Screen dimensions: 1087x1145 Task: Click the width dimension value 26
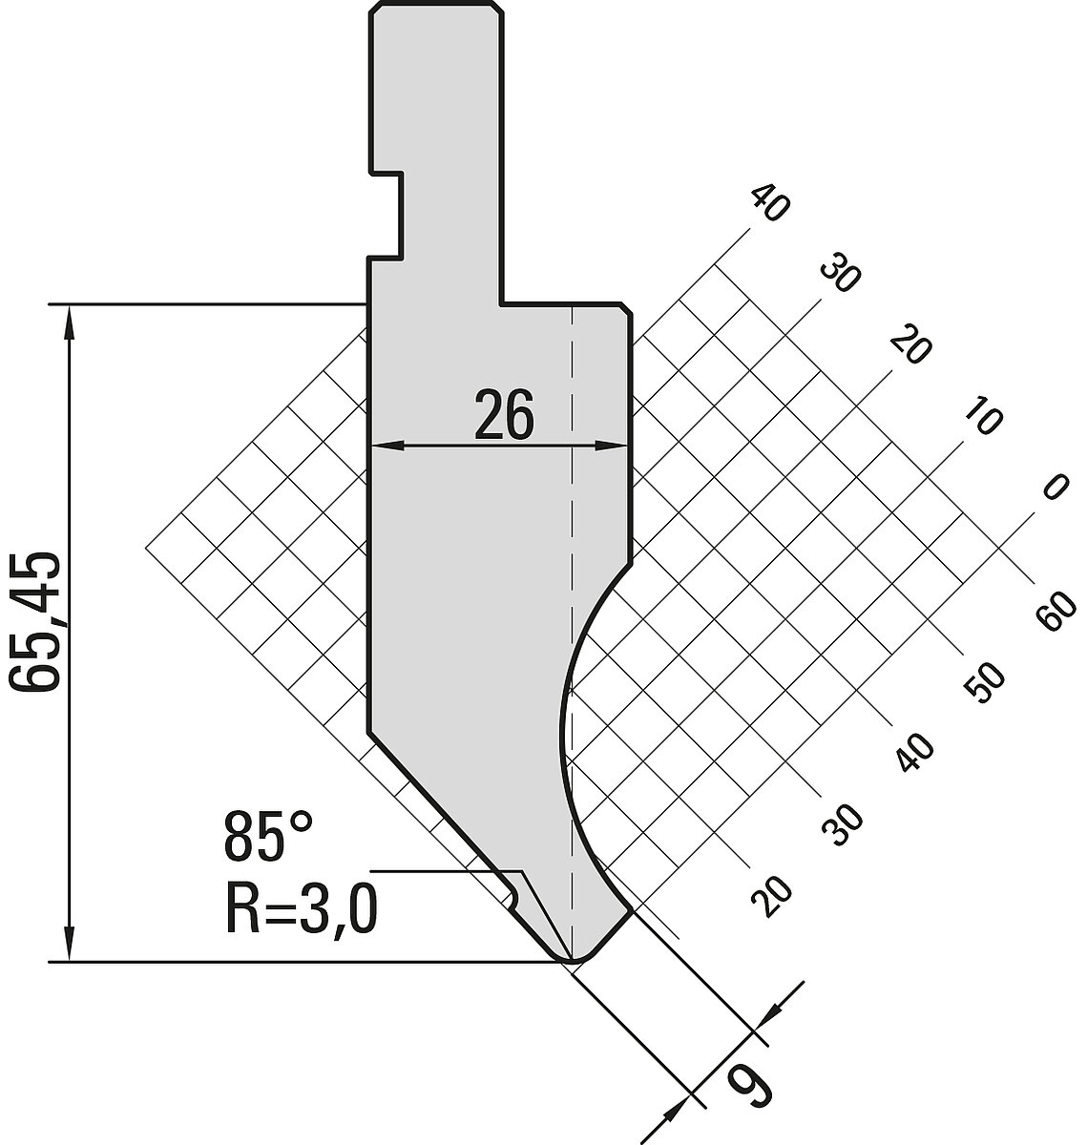tap(504, 414)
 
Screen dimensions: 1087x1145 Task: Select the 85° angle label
tap(268, 837)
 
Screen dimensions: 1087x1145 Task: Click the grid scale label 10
tap(983, 418)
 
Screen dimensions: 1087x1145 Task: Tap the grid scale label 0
tap(1056, 487)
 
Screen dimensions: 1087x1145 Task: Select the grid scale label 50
tap(985, 684)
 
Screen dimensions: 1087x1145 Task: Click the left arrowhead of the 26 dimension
tap(387, 446)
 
